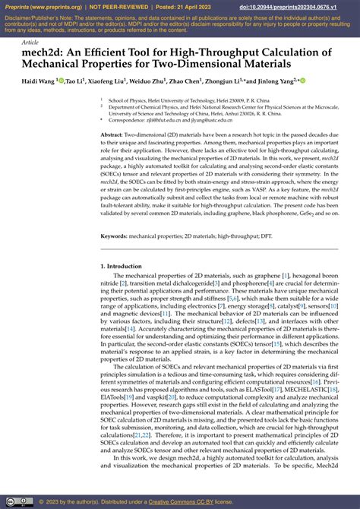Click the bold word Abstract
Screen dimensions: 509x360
coord(112,134)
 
